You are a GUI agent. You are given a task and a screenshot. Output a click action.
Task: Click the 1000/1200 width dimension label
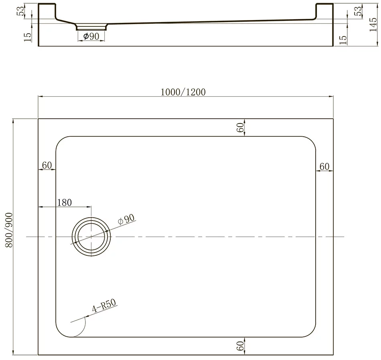click(183, 92)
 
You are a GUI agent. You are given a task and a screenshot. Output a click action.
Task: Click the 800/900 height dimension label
click(9, 230)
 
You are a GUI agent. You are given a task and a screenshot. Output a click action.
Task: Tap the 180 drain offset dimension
click(65, 202)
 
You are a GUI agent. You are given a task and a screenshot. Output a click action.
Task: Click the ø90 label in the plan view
click(126, 219)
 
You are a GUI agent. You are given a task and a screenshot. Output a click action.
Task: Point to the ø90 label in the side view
click(91, 36)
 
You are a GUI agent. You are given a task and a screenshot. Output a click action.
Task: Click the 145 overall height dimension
click(373, 24)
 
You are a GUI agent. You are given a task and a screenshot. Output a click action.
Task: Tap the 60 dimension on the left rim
click(47, 165)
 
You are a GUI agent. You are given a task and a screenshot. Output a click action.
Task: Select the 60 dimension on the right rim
click(324, 167)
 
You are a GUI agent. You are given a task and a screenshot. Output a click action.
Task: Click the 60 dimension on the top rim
click(240, 127)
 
